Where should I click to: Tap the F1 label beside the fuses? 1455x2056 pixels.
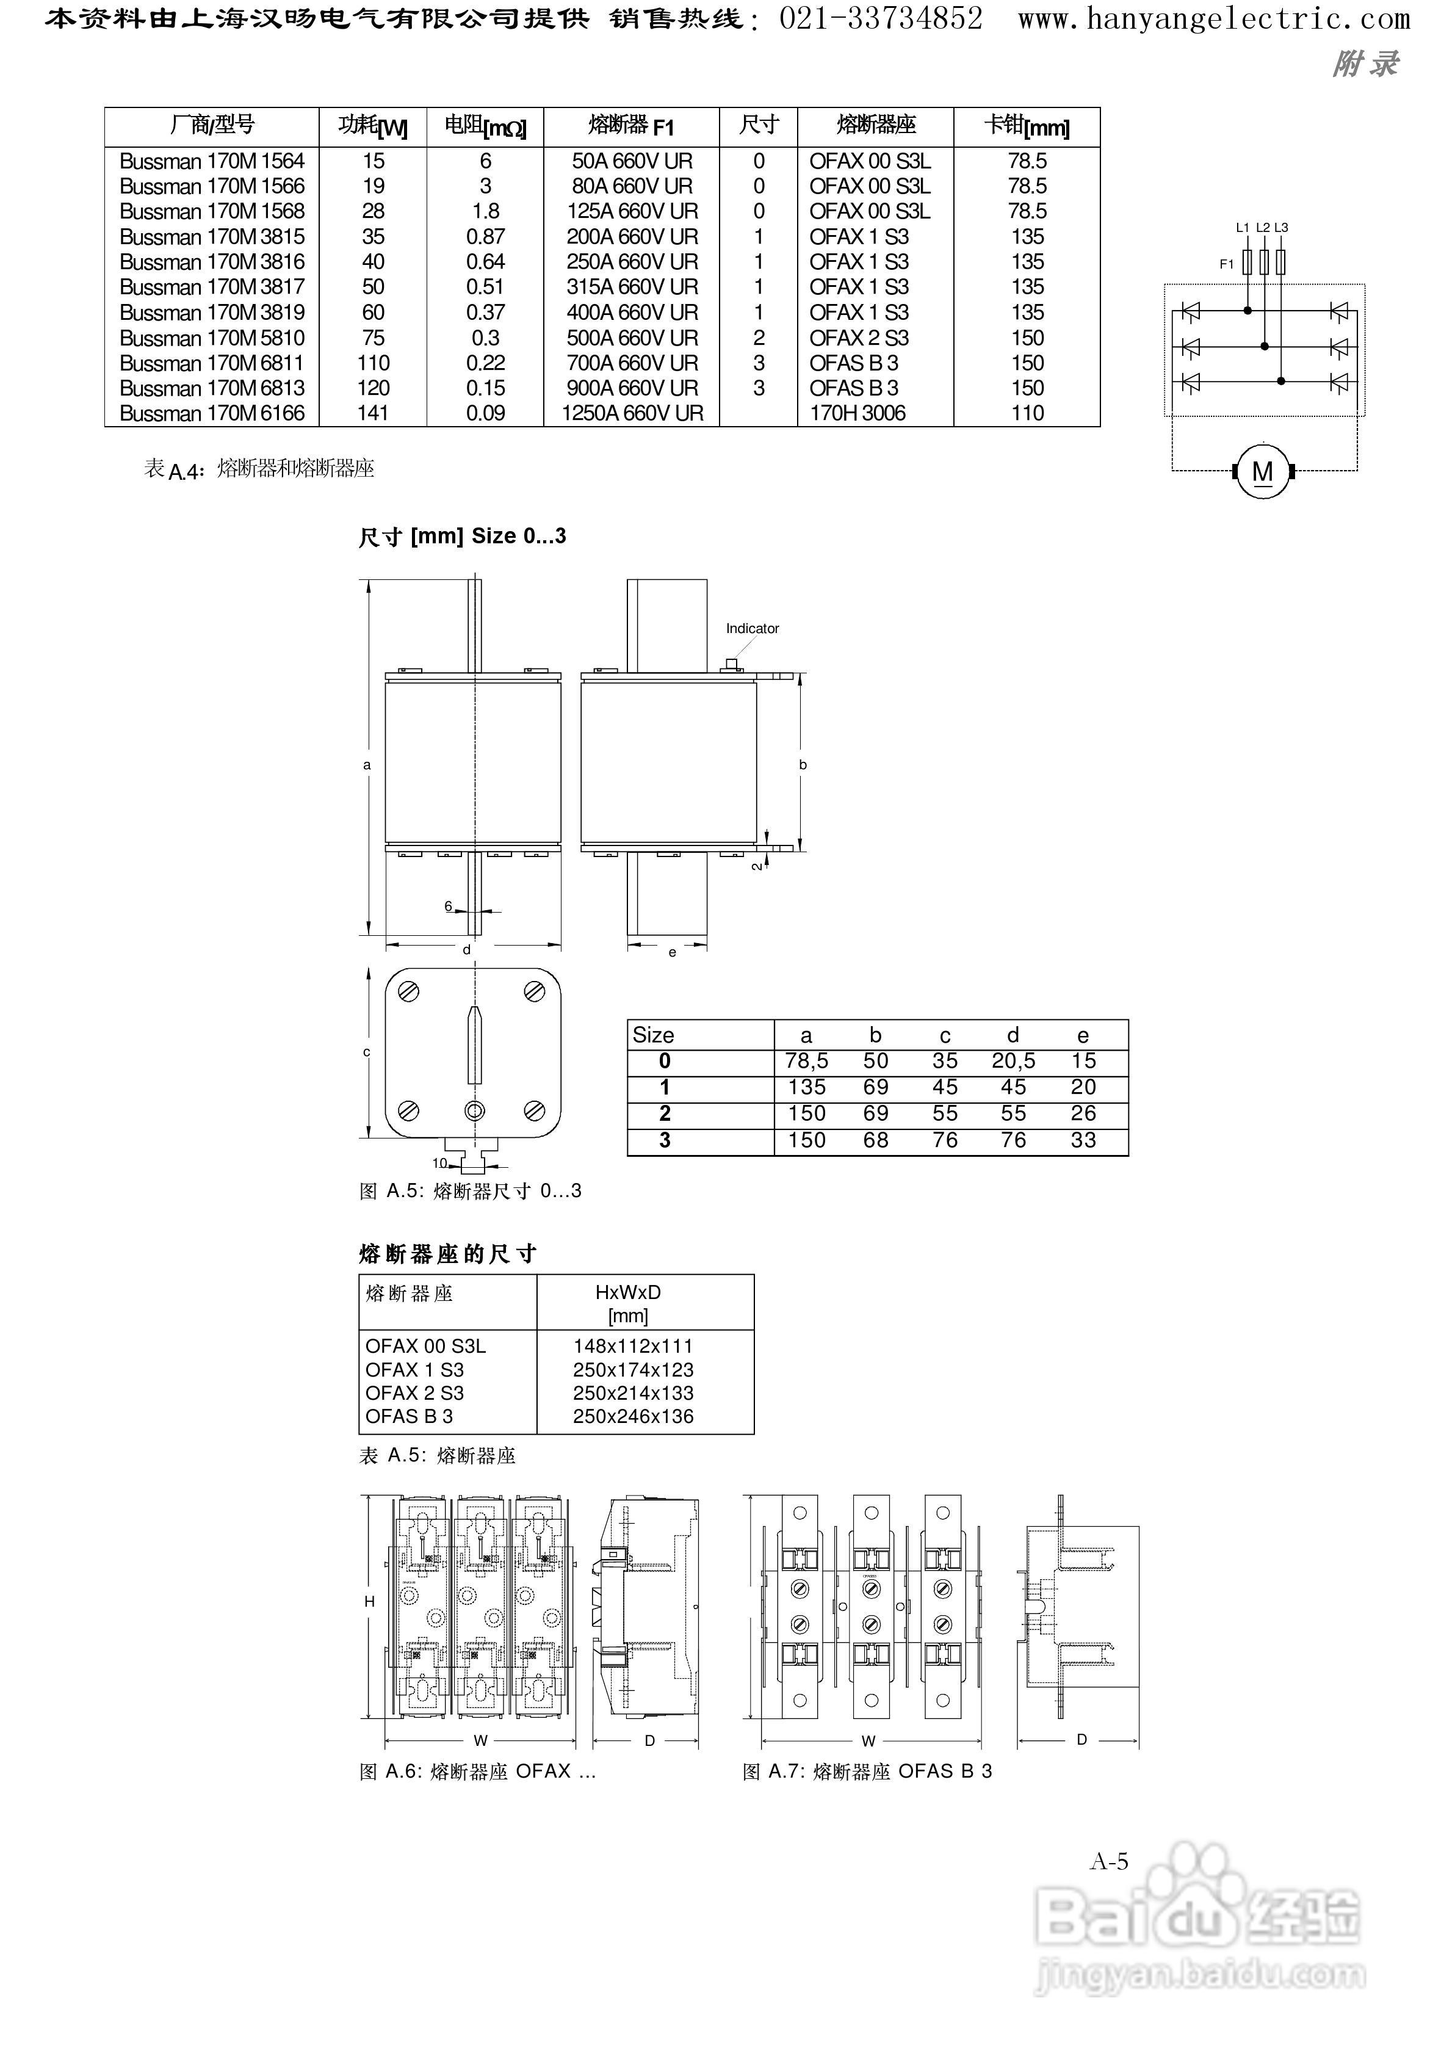click(1227, 264)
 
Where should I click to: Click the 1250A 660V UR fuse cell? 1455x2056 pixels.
click(632, 414)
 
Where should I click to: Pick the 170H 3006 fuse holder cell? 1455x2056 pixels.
click(857, 414)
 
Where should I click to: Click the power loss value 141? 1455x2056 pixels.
click(373, 414)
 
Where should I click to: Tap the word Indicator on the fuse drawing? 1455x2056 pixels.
click(752, 629)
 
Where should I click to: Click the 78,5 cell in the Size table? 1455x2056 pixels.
click(806, 1062)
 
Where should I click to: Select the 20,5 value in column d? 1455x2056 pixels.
click(1013, 1062)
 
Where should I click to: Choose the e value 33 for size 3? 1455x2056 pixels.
click(1083, 1140)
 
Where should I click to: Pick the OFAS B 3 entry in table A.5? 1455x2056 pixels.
click(410, 1416)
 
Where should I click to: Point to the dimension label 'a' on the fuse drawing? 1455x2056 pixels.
click(366, 765)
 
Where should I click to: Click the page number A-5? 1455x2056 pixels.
click(1108, 1862)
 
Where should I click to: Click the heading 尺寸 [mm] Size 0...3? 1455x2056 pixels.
click(462, 537)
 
